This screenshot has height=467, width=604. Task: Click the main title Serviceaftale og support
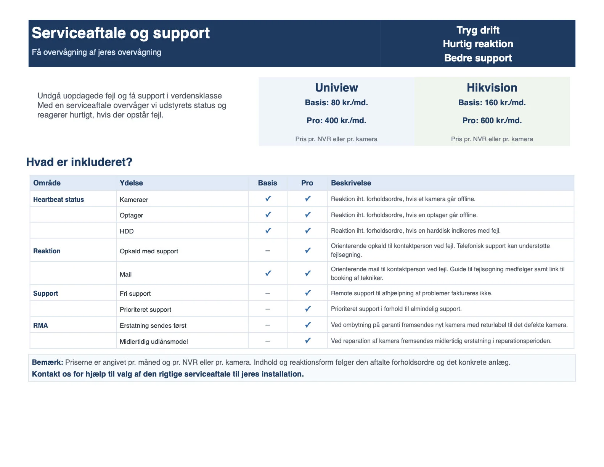[120, 33]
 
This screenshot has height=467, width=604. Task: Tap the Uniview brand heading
[336, 88]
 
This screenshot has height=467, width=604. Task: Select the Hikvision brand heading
[492, 88]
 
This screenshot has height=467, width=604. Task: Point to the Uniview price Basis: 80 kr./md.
[336, 103]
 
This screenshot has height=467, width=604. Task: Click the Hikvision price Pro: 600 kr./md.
[492, 121]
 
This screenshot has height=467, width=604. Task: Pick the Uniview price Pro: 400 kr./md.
[336, 121]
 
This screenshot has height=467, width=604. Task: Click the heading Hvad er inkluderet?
[79, 162]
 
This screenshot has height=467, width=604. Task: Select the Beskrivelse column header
[351, 183]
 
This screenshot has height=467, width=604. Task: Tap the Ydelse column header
[131, 183]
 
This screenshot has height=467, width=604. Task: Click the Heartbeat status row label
[58, 200]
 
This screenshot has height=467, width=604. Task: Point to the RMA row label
[40, 325]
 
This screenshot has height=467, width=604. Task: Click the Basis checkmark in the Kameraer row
[268, 198]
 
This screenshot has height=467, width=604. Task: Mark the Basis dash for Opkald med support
[268, 251]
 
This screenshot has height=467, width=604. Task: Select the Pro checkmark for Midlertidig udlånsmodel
[308, 340]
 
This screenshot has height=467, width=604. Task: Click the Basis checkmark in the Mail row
[268, 273]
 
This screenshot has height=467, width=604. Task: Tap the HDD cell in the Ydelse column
[127, 231]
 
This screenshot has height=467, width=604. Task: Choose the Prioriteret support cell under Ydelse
[145, 309]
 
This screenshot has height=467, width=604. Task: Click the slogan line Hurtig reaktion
[478, 44]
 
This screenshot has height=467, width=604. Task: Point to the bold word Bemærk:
[47, 362]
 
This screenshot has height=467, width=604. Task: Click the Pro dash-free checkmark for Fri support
[308, 293]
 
